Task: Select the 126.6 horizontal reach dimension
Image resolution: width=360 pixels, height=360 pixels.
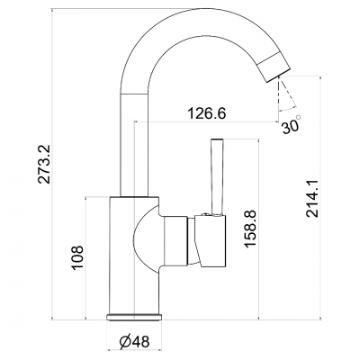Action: [206, 113]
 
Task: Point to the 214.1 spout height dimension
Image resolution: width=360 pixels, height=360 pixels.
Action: [312, 198]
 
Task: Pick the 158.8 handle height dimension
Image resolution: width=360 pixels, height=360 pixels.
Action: [250, 229]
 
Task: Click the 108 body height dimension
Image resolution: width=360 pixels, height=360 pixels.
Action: [77, 257]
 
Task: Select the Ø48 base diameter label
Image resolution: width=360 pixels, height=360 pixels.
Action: [134, 341]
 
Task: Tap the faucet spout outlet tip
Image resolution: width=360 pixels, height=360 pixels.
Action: [279, 76]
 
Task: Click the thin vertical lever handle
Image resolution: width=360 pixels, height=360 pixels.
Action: [217, 177]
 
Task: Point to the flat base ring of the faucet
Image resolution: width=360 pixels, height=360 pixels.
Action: [134, 317]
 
